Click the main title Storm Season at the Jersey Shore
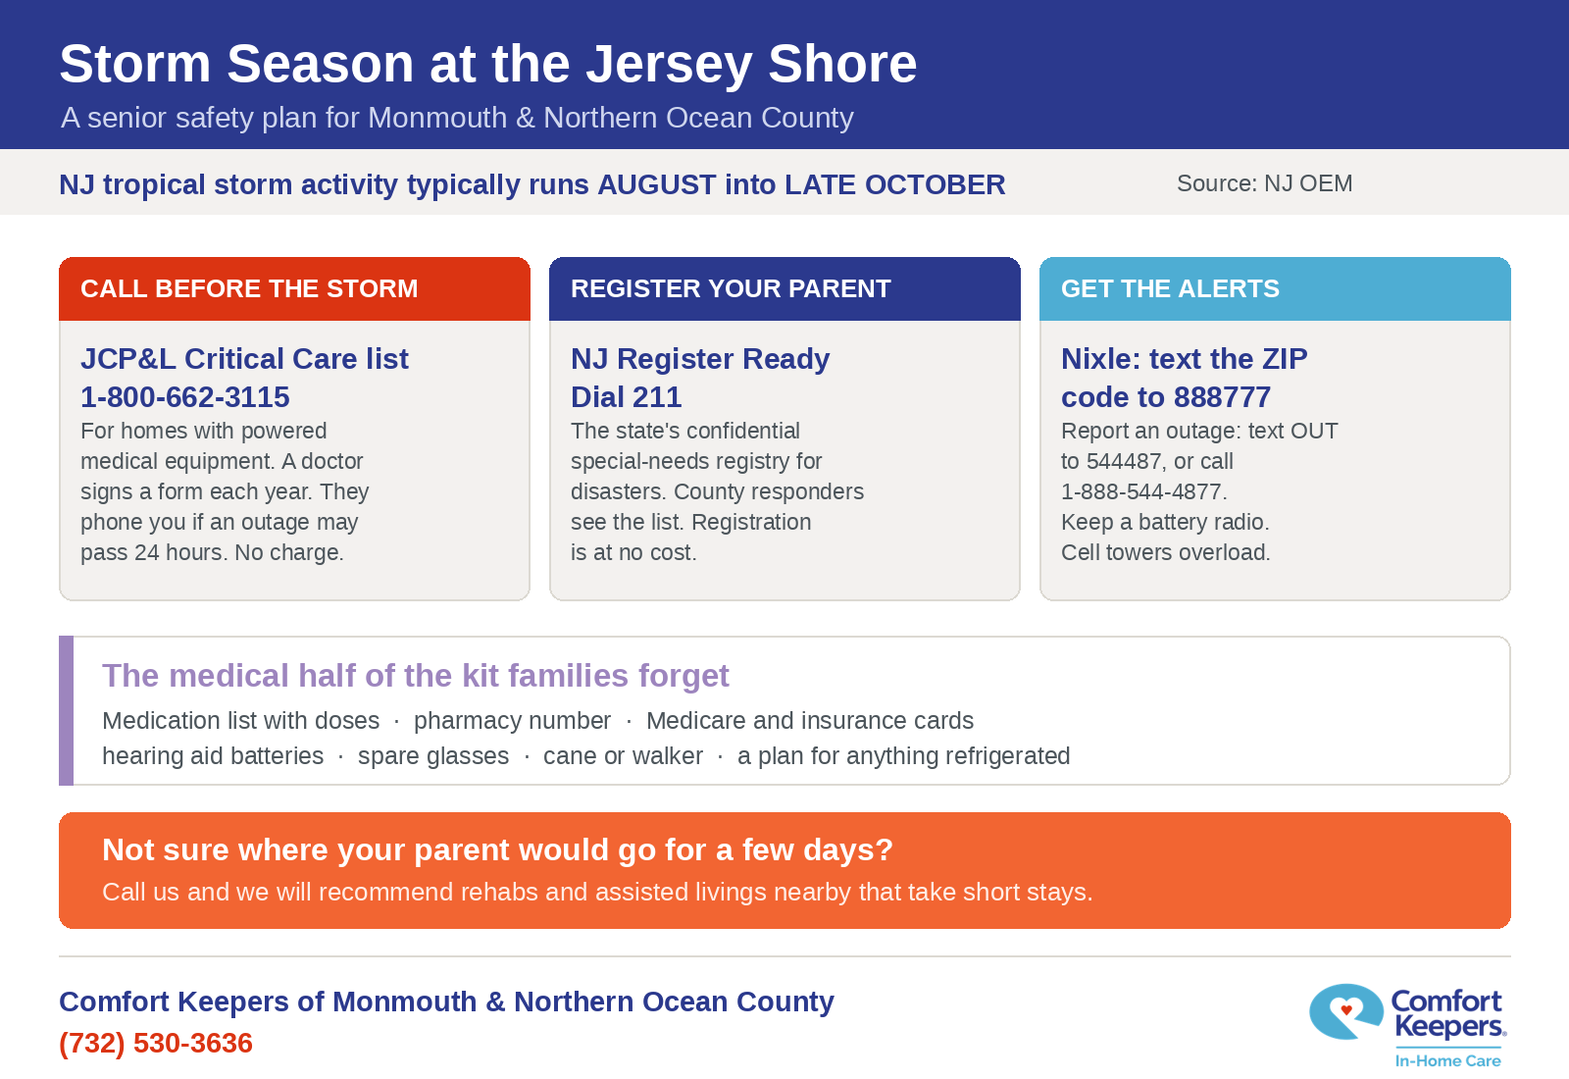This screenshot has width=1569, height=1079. (488, 65)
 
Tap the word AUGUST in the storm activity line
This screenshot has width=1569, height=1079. (655, 185)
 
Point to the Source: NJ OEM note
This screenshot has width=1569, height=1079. (1264, 183)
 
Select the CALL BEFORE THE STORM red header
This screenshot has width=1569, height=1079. (294, 288)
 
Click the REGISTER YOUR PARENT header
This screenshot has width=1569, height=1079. (784, 288)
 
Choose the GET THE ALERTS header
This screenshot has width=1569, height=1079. (1275, 288)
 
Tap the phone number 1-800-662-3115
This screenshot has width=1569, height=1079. (185, 397)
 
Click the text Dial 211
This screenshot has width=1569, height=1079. (627, 397)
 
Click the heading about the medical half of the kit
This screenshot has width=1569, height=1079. (416, 676)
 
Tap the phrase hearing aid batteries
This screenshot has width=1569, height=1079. (213, 756)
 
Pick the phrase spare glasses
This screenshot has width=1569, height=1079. (433, 756)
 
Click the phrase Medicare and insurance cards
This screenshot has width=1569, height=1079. (810, 720)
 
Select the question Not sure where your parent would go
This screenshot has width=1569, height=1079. (497, 849)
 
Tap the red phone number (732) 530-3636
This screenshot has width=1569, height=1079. (156, 1044)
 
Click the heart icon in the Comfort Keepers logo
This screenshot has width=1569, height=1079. (1345, 1009)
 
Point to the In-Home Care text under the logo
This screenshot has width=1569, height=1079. (1447, 1060)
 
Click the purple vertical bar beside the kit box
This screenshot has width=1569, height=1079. (66, 710)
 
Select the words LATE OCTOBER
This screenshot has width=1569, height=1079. (894, 185)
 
